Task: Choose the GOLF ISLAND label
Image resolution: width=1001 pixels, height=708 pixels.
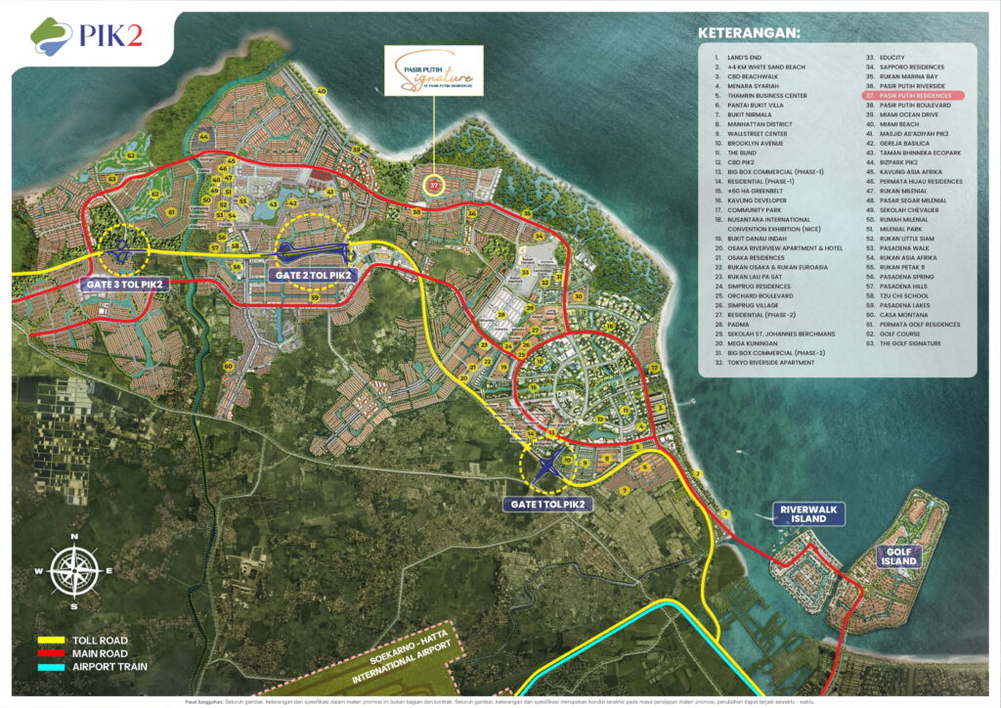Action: pos(897,556)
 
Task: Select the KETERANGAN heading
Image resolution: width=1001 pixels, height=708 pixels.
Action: pos(748,33)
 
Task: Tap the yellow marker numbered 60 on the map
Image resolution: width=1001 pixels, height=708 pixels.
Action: pos(228,367)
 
